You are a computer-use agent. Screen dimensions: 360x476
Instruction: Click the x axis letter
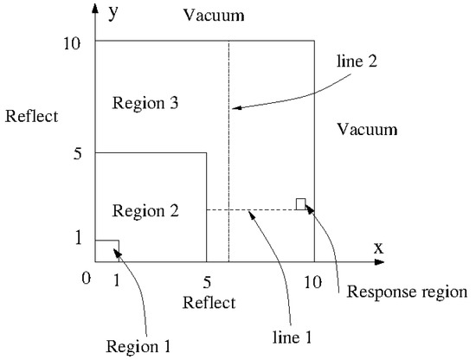click(378, 247)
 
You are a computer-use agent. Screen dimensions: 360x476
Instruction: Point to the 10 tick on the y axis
click(74, 42)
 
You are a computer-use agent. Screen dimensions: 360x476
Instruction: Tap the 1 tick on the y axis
click(78, 238)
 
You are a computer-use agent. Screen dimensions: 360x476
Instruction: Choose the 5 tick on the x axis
click(206, 281)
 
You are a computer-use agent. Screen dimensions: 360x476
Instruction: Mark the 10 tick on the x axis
click(313, 281)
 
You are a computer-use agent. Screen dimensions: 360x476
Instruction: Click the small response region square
click(300, 204)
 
